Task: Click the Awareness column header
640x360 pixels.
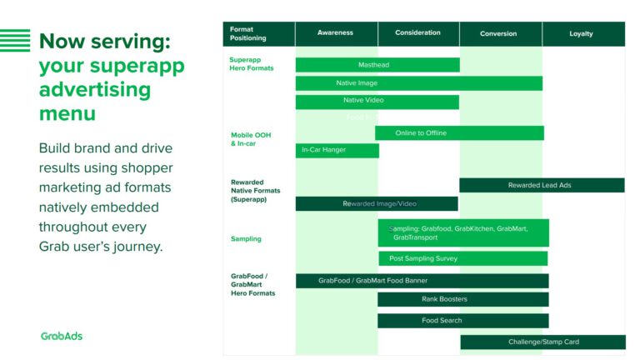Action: pyautogui.click(x=335, y=33)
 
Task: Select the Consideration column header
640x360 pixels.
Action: pyautogui.click(x=417, y=33)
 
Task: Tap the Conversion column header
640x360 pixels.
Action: pyautogui.click(x=498, y=33)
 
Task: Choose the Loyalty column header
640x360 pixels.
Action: pyautogui.click(x=581, y=33)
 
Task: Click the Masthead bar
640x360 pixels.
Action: pyautogui.click(x=377, y=65)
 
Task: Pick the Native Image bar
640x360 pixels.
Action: pyautogui.click(x=418, y=83)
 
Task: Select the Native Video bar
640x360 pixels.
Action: pyautogui.click(x=377, y=102)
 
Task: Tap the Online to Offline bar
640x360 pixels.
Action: pyautogui.click(x=459, y=133)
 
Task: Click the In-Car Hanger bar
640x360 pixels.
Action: pyautogui.click(x=337, y=150)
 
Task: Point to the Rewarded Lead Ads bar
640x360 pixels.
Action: pyautogui.click(x=541, y=185)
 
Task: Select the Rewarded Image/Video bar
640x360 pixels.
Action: pyautogui.click(x=377, y=203)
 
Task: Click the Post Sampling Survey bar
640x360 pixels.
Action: pyautogui.click(x=462, y=258)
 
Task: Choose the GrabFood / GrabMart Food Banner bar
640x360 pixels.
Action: pyautogui.click(x=422, y=281)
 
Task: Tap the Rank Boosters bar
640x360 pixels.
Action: pyautogui.click(x=462, y=299)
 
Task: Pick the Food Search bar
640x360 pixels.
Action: pyautogui.click(x=462, y=320)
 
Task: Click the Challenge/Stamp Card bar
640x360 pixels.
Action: pyautogui.click(x=542, y=342)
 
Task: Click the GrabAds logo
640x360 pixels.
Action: pyautogui.click(x=62, y=336)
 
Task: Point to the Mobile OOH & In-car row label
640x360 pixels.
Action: pyautogui.click(x=250, y=139)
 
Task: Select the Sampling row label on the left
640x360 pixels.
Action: pyautogui.click(x=246, y=239)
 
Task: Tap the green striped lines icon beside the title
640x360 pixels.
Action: pyautogui.click(x=15, y=40)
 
